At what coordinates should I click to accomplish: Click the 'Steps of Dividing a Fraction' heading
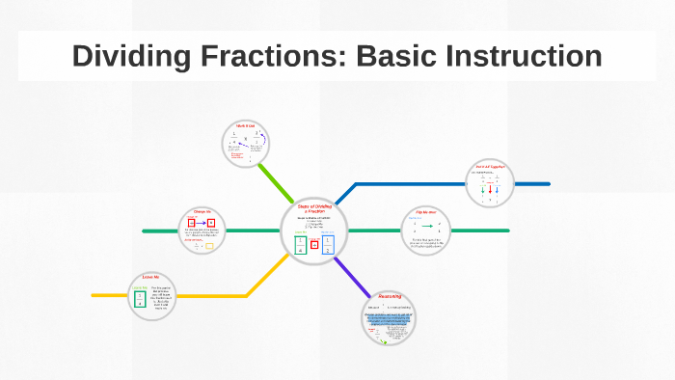314,208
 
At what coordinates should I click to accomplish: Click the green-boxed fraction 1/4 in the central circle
301,245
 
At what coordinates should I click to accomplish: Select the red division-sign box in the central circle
314,245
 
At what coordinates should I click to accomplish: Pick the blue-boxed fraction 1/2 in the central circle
328,245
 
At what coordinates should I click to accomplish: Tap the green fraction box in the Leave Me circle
141,298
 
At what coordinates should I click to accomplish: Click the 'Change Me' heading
202,211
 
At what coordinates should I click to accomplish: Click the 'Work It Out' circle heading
244,125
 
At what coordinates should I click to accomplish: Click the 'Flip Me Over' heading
427,211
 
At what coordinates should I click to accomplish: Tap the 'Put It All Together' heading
490,167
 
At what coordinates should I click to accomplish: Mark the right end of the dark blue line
548,183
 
